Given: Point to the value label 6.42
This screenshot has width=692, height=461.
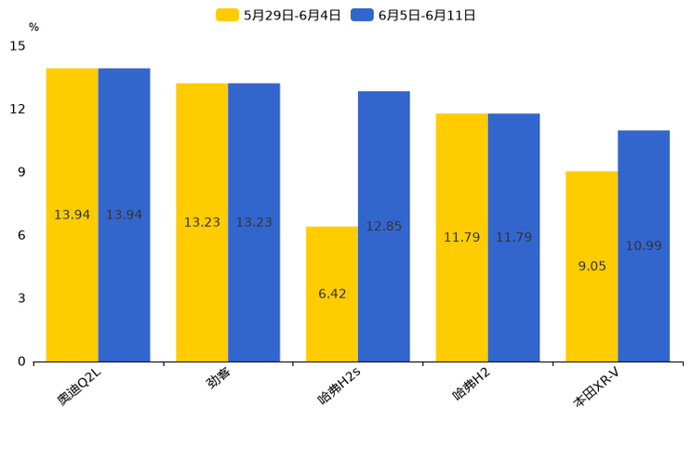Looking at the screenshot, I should [x=332, y=294].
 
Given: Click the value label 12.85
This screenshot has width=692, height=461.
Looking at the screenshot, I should [x=384, y=226].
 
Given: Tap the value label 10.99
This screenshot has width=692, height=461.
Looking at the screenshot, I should [x=644, y=246].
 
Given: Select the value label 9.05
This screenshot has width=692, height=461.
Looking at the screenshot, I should [x=592, y=266].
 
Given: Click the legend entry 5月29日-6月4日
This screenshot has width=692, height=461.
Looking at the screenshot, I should [x=279, y=15].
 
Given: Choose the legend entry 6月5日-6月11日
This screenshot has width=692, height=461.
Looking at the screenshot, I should [x=414, y=15].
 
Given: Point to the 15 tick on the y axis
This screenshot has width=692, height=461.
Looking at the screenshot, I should [x=19, y=46].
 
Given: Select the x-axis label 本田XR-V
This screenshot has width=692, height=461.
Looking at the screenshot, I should [x=596, y=388].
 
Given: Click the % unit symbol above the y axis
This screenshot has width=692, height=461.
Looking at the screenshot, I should [x=33, y=28].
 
